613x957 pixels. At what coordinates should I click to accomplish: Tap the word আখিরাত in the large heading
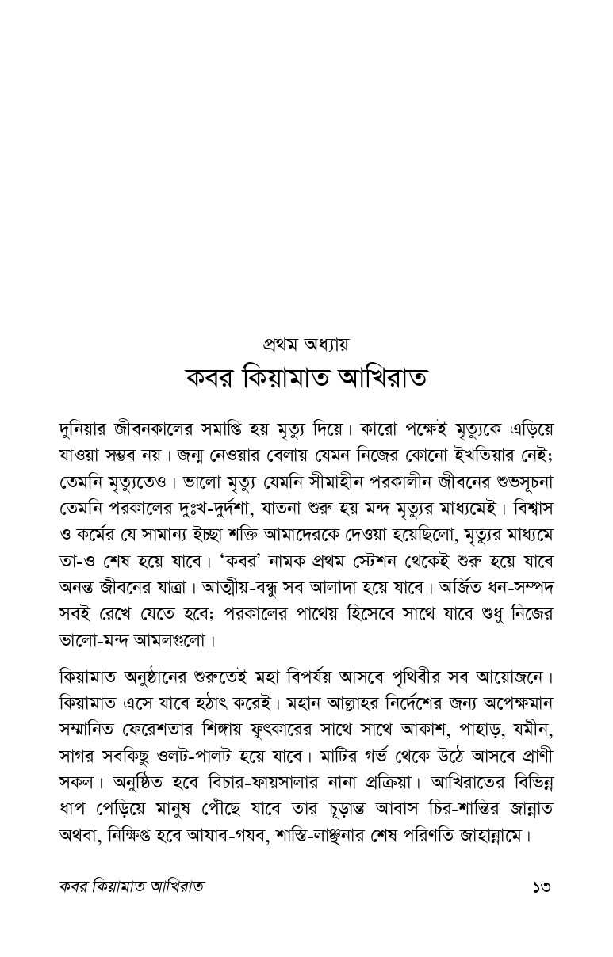pos(383,378)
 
